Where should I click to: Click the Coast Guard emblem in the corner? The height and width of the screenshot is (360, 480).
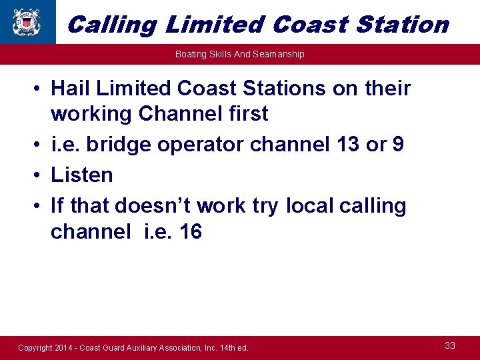[27, 21]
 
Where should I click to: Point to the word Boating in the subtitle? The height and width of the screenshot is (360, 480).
[191, 54]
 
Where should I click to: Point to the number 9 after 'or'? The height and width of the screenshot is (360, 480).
[397, 145]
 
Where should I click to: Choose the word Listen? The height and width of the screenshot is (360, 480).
[82, 175]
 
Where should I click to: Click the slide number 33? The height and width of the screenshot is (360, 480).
[450, 345]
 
